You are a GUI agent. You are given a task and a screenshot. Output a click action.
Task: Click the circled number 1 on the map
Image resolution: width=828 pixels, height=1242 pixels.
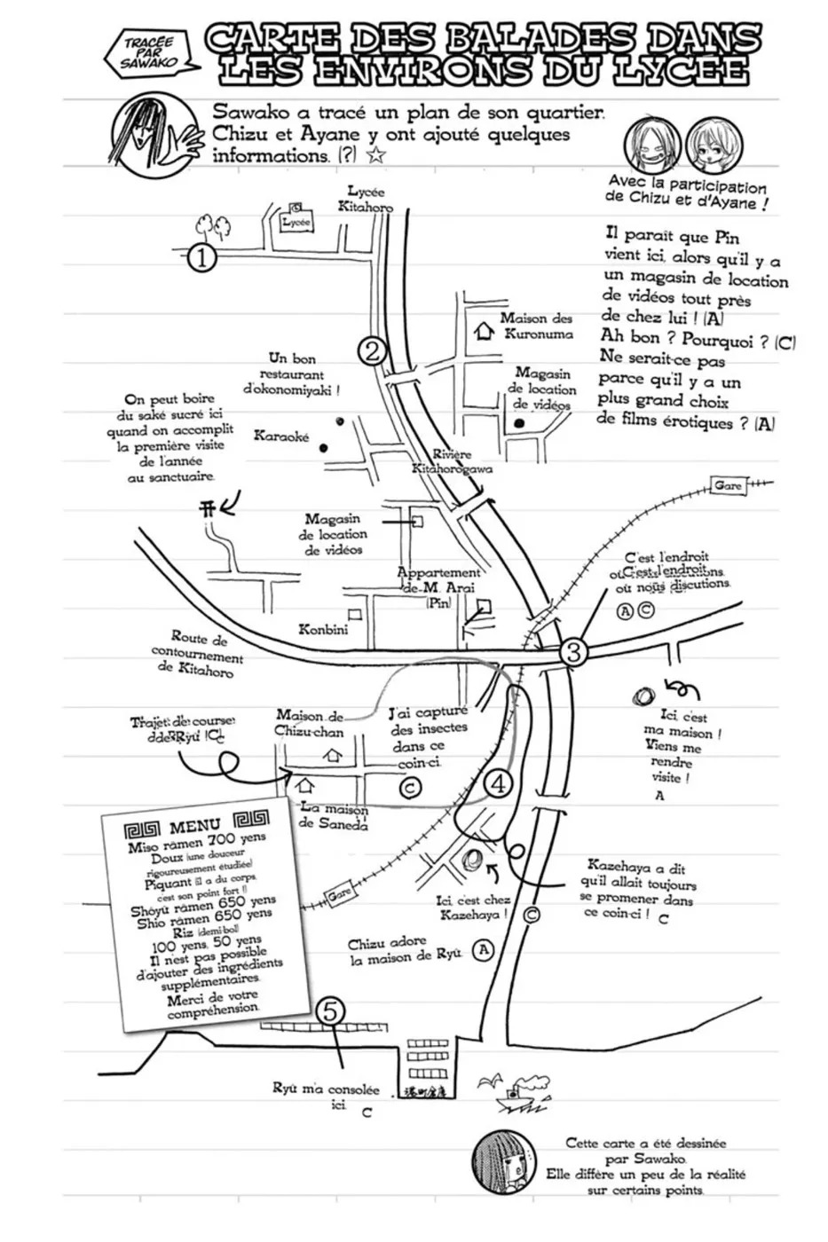coord(203,258)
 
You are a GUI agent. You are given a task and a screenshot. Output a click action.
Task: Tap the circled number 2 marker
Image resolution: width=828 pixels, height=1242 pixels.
coord(373,350)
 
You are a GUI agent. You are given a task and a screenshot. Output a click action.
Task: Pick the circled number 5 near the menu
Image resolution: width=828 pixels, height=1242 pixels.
coord(330,1010)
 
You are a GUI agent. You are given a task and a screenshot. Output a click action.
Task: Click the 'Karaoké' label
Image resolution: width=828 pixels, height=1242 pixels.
coord(281,436)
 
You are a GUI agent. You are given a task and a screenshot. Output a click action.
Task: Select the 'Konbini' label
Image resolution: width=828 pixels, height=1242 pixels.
coord(323,629)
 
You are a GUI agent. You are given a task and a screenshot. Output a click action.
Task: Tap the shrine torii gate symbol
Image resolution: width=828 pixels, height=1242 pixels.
coord(206,508)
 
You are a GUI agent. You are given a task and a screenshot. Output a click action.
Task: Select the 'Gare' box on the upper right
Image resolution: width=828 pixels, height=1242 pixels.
coord(728,486)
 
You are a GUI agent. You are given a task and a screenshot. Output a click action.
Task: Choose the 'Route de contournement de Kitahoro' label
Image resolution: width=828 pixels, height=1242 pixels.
coord(198,654)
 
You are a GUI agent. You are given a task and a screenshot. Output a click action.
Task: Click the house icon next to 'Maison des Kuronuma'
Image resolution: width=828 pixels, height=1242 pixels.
coord(484,332)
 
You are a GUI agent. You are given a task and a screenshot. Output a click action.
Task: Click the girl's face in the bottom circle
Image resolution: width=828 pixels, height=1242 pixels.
coord(498,1166)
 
